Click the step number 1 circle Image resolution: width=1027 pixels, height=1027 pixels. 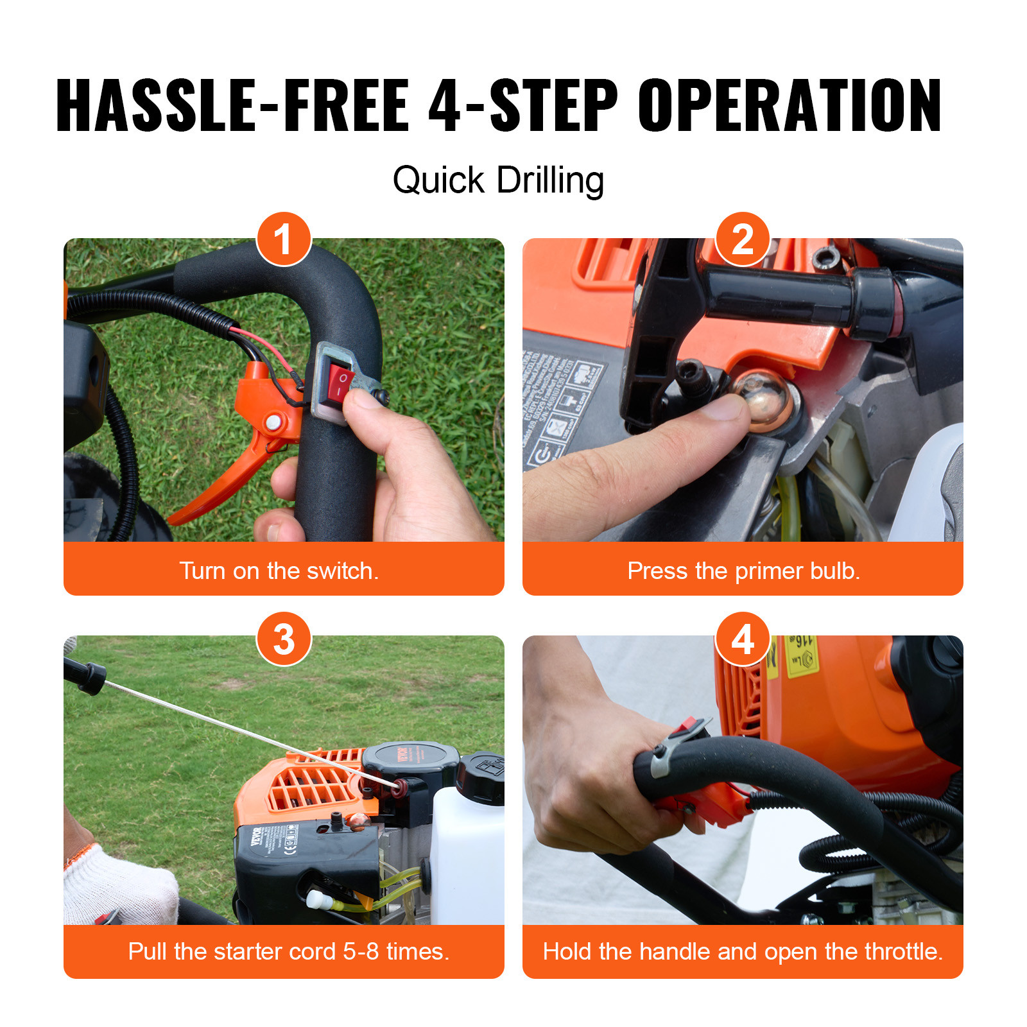(x=284, y=239)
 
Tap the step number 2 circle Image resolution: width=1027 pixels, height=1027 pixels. (x=743, y=239)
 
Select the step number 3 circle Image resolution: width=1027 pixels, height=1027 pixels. (x=284, y=639)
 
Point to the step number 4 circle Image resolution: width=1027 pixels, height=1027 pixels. (x=743, y=639)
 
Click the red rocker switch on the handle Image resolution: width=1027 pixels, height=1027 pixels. (x=340, y=384)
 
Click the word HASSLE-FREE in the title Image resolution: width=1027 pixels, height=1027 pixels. (x=232, y=106)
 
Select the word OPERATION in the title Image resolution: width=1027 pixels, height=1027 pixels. (x=789, y=106)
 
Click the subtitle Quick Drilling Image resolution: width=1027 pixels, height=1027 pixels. (x=498, y=180)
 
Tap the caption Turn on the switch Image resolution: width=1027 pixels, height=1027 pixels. (x=279, y=571)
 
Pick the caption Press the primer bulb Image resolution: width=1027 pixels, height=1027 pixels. (x=743, y=571)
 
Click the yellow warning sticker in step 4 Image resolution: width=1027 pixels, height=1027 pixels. (x=800, y=655)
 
